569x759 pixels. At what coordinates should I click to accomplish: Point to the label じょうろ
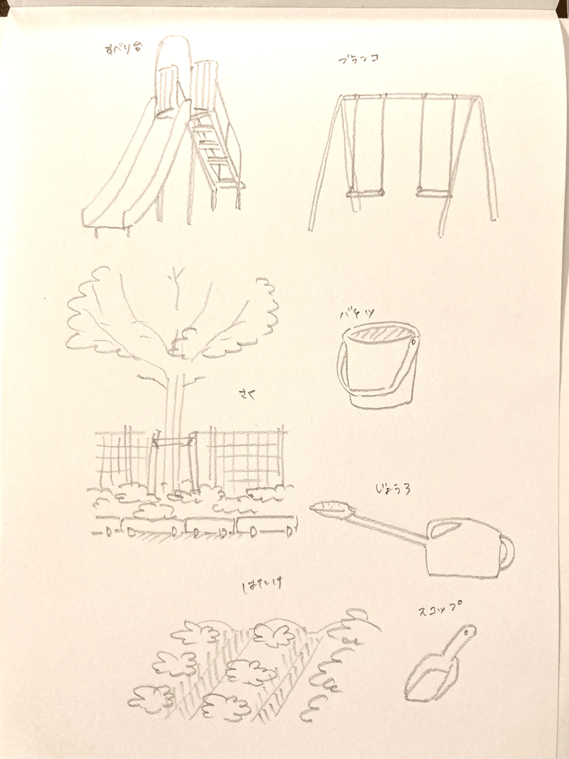[x=393, y=489]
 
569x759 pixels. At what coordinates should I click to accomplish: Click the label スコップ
[x=435, y=610]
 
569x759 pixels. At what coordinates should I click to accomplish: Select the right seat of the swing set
[x=431, y=192]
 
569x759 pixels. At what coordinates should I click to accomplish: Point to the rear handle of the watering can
[x=506, y=555]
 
